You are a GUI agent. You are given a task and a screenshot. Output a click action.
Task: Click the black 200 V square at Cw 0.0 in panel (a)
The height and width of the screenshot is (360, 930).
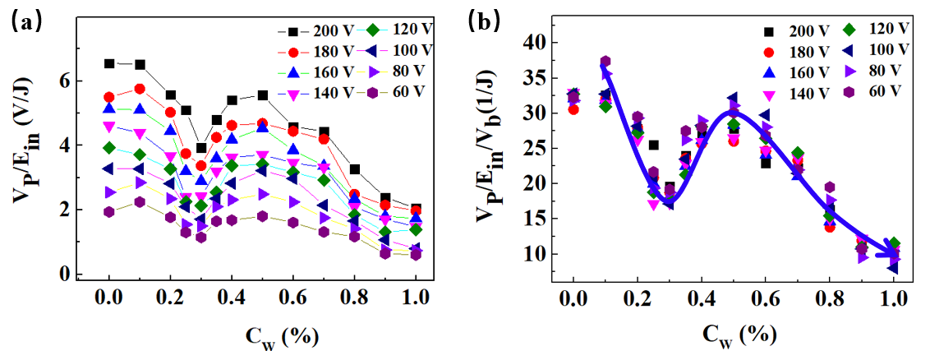(109, 63)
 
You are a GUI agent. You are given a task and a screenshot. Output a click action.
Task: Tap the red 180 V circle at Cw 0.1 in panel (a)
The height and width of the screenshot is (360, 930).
(140, 89)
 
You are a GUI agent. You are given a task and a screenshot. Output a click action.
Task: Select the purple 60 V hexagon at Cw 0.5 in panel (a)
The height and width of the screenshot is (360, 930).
(262, 216)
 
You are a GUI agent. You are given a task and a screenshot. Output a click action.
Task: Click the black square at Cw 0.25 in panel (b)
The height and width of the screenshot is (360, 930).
(653, 145)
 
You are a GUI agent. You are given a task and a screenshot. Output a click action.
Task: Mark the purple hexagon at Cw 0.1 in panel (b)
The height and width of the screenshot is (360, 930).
(605, 62)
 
